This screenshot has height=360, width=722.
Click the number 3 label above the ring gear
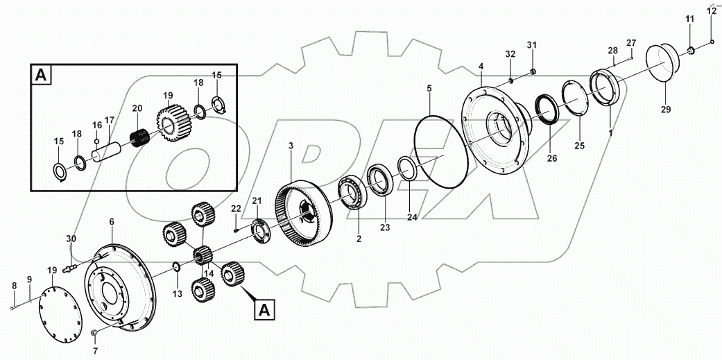(x=291, y=146)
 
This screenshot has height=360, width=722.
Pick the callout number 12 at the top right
(x=712, y=10)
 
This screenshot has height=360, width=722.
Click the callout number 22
(x=236, y=209)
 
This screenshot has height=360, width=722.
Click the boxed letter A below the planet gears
(x=263, y=310)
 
